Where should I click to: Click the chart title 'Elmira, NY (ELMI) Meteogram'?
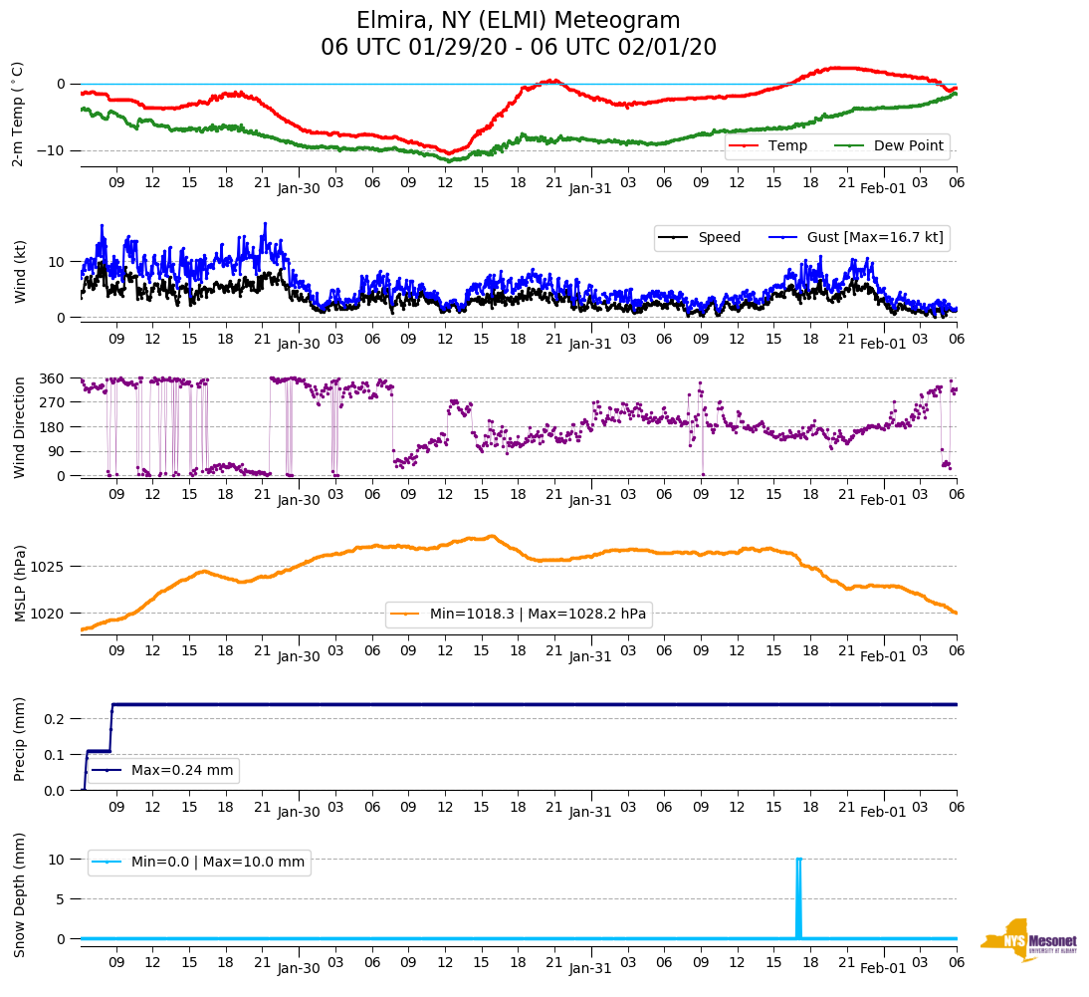[x=519, y=21]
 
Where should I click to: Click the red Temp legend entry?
[x=786, y=145]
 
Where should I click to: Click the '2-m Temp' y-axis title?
[x=18, y=115]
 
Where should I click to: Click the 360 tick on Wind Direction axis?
[x=52, y=378]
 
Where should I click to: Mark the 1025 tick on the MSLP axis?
[x=48, y=567]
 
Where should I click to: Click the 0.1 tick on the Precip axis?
[x=56, y=755]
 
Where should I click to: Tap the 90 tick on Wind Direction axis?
[x=56, y=451]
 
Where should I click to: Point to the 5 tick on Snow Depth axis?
[x=62, y=899]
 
